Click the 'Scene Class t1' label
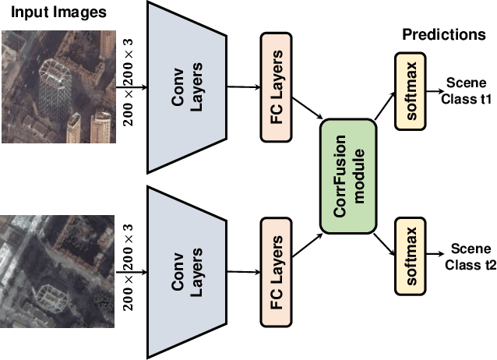tap(467, 90)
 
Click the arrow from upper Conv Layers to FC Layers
tap(243, 87)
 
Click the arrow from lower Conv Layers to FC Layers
tap(243, 271)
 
